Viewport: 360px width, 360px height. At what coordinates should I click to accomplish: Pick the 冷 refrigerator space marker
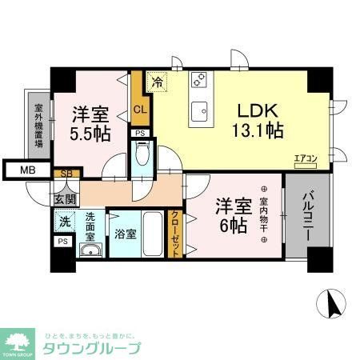click(158, 81)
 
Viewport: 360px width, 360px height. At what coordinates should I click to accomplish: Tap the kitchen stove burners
click(199, 81)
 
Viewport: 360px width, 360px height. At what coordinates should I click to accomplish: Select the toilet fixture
click(142, 154)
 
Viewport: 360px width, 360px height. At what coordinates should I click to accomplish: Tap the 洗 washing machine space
click(63, 218)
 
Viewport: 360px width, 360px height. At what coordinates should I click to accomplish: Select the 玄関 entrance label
click(65, 198)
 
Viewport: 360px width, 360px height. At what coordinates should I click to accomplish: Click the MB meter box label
click(26, 170)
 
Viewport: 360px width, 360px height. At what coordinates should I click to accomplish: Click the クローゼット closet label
click(177, 231)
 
